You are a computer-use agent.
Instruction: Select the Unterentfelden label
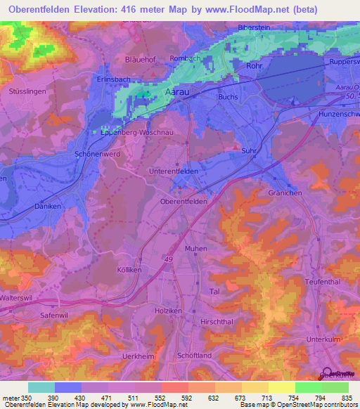coord(178,171)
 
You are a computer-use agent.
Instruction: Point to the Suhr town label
coord(247,150)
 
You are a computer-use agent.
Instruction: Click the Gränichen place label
coord(285,192)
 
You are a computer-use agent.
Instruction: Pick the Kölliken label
coord(129,270)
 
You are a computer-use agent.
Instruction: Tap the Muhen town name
coord(196,249)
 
